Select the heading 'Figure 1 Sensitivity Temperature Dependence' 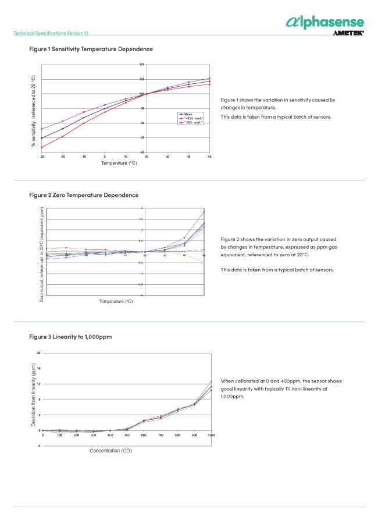[91, 49]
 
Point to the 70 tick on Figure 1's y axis [142, 137]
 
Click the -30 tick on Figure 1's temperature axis [42, 157]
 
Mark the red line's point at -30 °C [42, 147]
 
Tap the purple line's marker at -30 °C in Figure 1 [42, 129]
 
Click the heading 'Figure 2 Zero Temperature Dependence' [84, 194]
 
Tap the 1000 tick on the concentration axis [211, 435]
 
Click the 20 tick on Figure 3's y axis [39, 353]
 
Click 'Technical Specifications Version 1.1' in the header [51, 33]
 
